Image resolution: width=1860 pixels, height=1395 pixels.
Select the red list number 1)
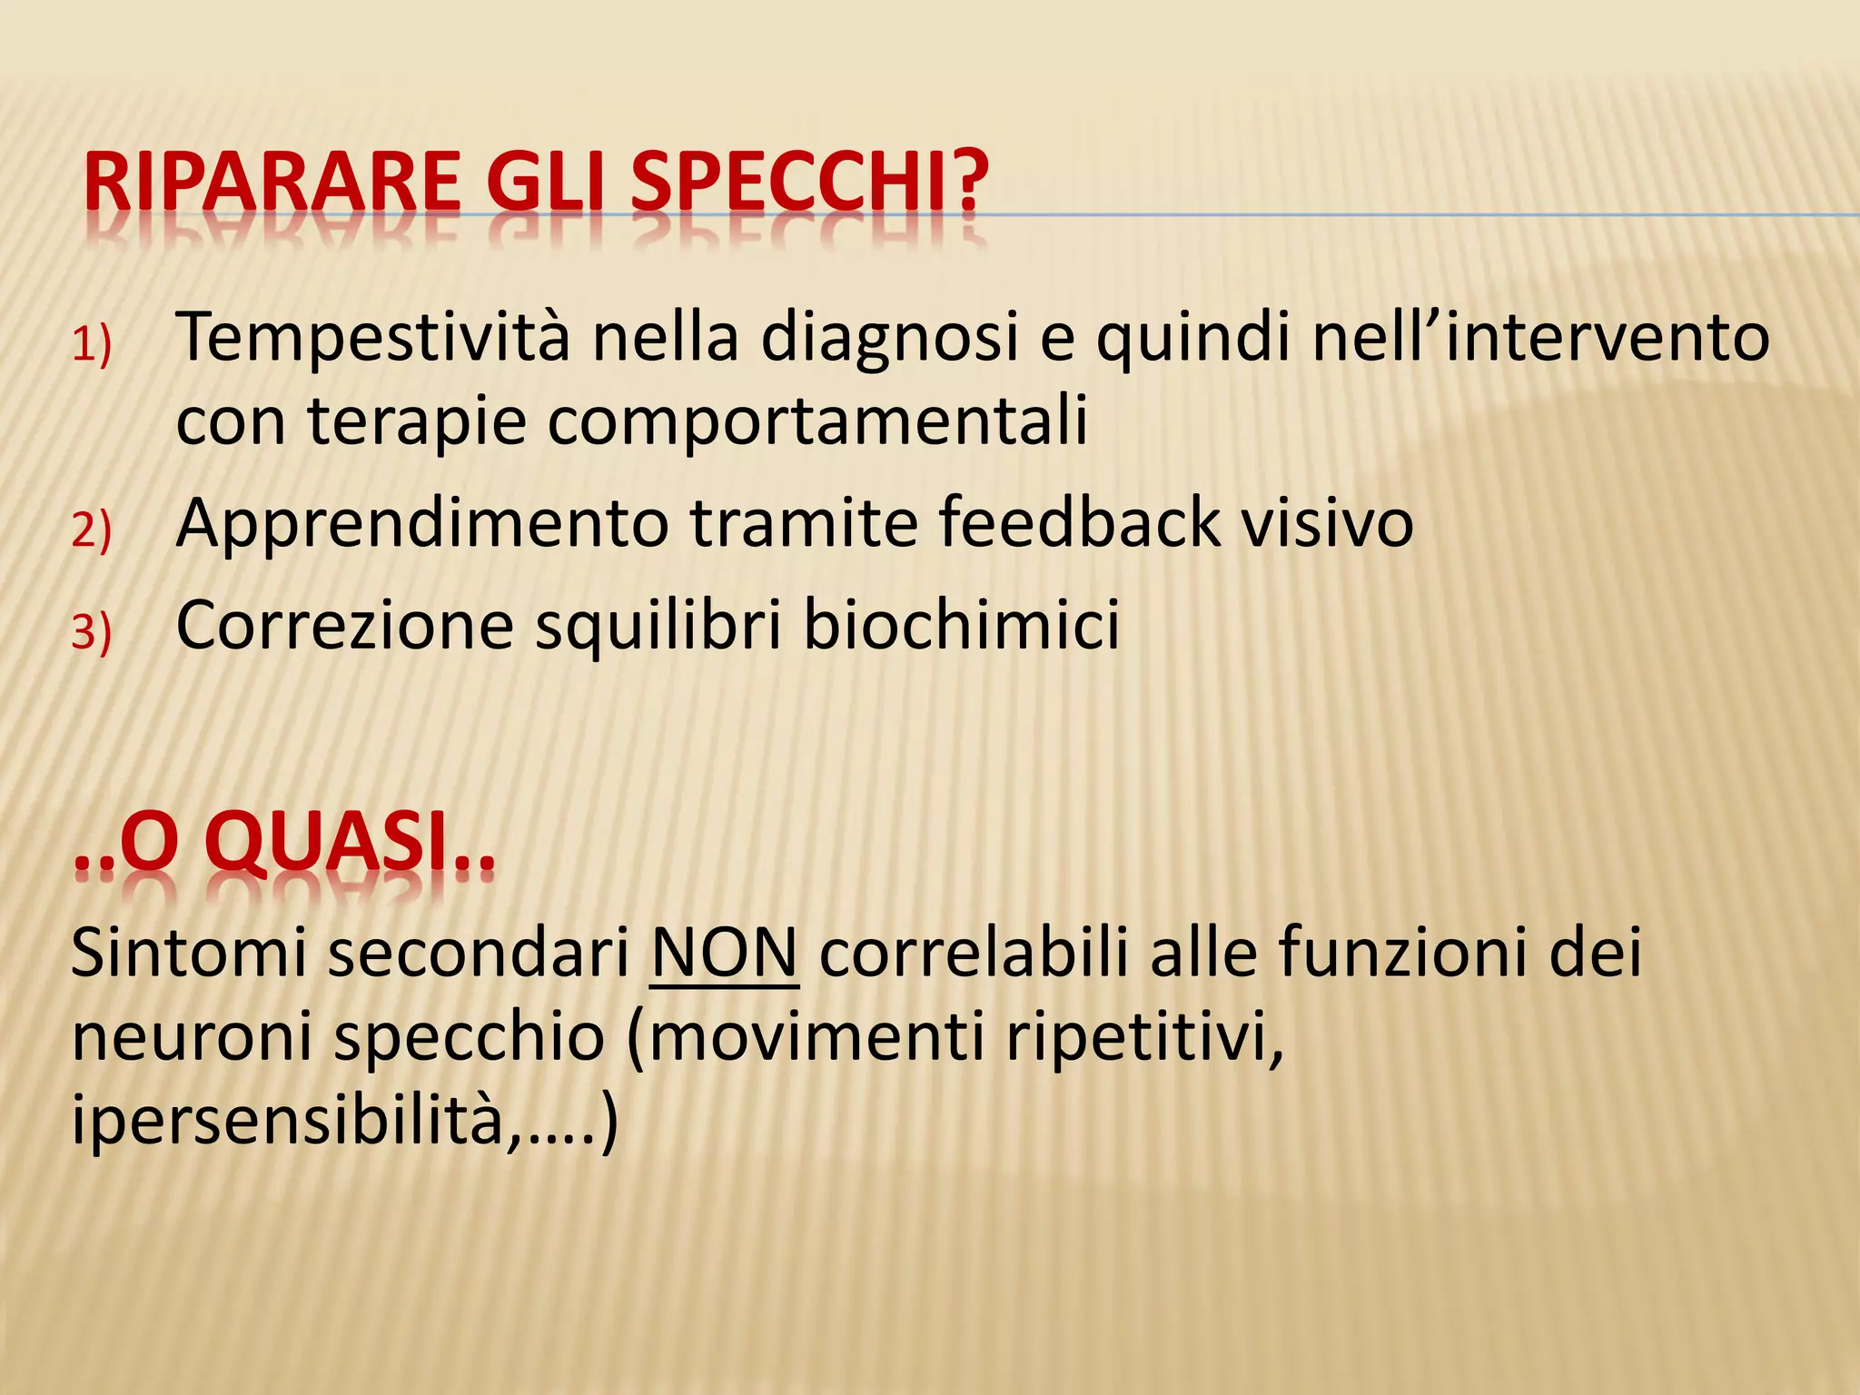tap(91, 346)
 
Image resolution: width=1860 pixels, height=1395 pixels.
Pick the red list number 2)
tap(91, 530)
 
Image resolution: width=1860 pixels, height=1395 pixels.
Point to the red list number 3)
tap(91, 632)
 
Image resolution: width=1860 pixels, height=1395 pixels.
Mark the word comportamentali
tap(816, 423)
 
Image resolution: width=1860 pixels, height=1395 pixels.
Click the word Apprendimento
tap(422, 525)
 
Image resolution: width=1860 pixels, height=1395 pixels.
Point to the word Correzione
tap(345, 626)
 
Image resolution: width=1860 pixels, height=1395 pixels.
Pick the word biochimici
tap(962, 626)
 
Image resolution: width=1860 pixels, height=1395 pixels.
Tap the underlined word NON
tap(724, 954)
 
